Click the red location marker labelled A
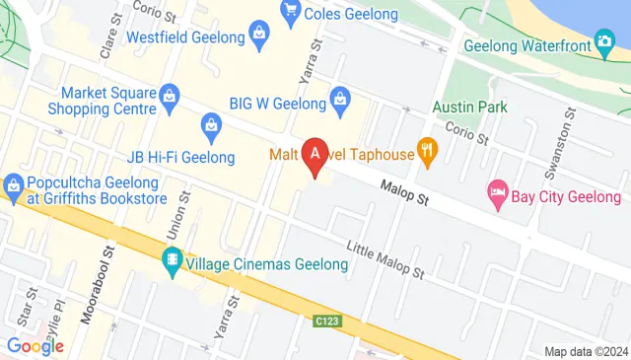pyautogui.click(x=315, y=155)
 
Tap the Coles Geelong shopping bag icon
pyautogui.click(x=291, y=11)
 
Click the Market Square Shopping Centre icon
pyautogui.click(x=170, y=96)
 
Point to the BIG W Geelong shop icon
pyautogui.click(x=340, y=97)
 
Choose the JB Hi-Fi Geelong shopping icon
pyautogui.click(x=211, y=124)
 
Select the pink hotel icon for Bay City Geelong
pyautogui.click(x=498, y=194)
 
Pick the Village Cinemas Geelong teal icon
pyautogui.click(x=173, y=262)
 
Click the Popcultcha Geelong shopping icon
pyautogui.click(x=14, y=183)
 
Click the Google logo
pyautogui.click(x=35, y=345)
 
